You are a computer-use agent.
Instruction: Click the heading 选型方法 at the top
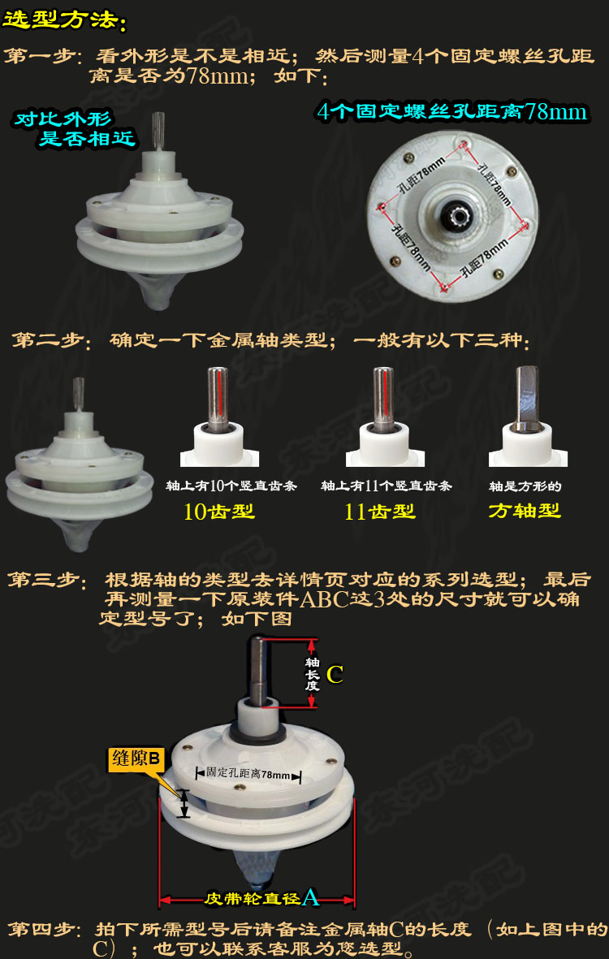click(65, 19)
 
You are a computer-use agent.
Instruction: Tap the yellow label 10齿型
click(219, 512)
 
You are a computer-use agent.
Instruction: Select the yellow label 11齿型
click(380, 512)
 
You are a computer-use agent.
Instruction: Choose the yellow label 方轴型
click(525, 511)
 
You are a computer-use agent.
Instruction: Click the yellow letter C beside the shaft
click(335, 674)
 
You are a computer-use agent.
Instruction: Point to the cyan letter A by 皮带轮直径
click(310, 897)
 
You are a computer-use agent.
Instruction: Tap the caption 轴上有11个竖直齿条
click(387, 486)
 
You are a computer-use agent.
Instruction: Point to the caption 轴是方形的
click(525, 486)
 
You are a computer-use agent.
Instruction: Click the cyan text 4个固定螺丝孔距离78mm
click(451, 111)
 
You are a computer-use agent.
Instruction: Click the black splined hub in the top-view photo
click(451, 214)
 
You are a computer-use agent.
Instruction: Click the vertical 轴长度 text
click(312, 674)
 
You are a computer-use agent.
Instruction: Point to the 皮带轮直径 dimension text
click(252, 899)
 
